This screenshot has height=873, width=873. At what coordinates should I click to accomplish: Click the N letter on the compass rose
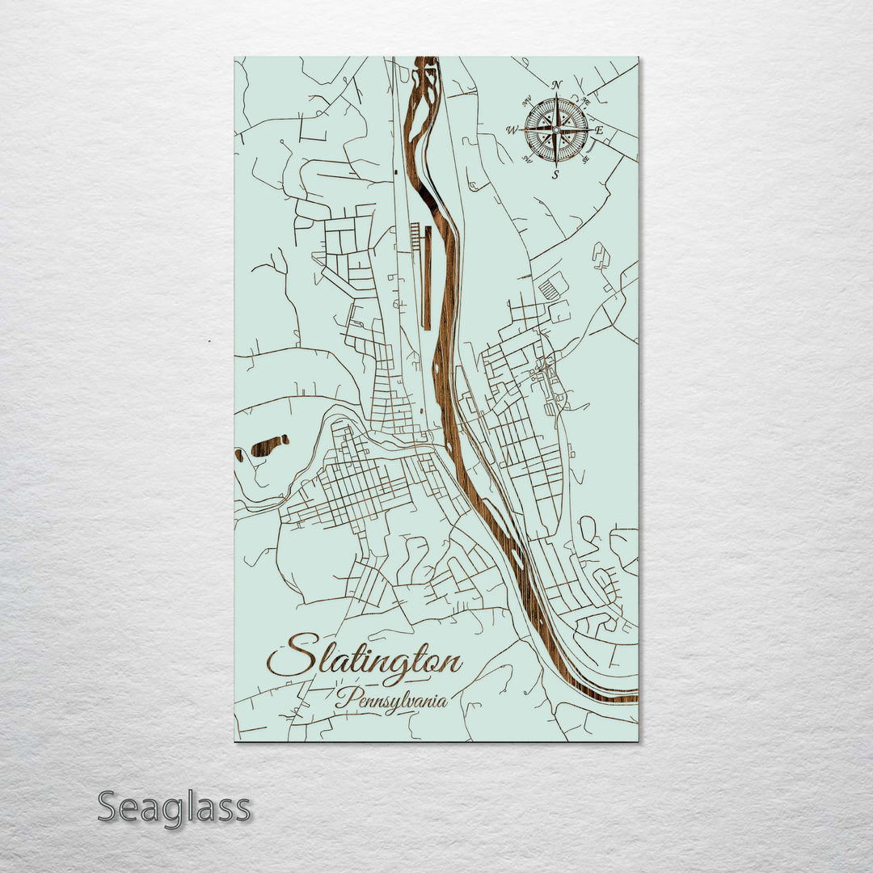(x=556, y=85)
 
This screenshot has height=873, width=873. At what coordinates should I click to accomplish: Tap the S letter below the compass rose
(x=555, y=175)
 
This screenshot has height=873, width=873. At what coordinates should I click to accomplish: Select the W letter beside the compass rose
(x=511, y=130)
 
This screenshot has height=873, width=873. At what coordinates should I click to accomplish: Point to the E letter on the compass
(x=599, y=130)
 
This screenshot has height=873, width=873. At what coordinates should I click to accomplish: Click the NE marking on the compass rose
(x=586, y=101)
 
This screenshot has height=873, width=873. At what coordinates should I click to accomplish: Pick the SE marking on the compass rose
(x=585, y=159)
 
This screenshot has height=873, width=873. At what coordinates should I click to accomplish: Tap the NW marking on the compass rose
(x=526, y=101)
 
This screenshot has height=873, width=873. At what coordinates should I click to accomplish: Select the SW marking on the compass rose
(x=527, y=159)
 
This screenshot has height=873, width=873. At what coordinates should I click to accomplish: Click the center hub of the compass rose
(x=556, y=129)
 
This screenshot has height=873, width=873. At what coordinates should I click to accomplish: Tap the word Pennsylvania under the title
(x=391, y=700)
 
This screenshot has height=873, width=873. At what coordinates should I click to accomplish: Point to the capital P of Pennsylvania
(x=343, y=698)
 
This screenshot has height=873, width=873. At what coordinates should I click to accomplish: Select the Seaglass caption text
(x=174, y=808)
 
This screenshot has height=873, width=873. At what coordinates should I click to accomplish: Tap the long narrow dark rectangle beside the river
(x=428, y=276)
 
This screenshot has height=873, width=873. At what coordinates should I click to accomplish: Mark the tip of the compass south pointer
(x=556, y=165)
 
